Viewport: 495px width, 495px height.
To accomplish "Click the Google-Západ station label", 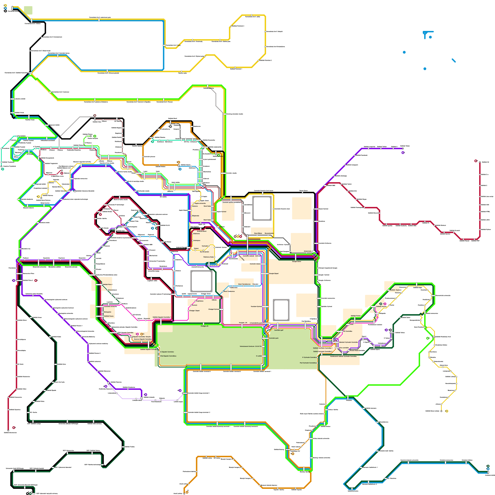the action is [x=274, y=273].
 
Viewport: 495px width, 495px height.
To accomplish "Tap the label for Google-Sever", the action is [x=296, y=261].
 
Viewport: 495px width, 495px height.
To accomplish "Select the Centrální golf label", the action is [x=278, y=330].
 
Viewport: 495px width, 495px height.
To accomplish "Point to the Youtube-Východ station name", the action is [x=256, y=307].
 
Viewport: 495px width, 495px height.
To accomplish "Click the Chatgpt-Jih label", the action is [x=204, y=326].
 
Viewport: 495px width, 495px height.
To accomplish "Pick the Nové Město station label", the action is [x=258, y=233].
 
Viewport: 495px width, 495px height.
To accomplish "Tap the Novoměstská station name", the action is [x=269, y=233].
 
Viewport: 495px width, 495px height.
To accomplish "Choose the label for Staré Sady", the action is [x=207, y=220].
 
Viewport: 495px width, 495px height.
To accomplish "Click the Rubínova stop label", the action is [x=196, y=234].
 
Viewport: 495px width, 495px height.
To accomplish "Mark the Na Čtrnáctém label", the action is [x=204, y=252].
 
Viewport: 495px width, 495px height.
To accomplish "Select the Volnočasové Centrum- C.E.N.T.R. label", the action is [x=250, y=346].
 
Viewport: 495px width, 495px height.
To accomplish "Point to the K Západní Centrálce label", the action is [x=167, y=352].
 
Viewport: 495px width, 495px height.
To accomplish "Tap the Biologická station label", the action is [x=107, y=312].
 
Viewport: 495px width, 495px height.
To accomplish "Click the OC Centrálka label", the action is [x=348, y=331].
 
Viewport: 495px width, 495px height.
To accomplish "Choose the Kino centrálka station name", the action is [x=344, y=348].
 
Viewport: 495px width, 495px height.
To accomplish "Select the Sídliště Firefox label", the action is [x=355, y=316].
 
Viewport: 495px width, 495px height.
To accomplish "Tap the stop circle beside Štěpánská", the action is [x=192, y=216].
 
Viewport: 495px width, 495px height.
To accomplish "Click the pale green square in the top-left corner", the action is [x=28, y=10].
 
